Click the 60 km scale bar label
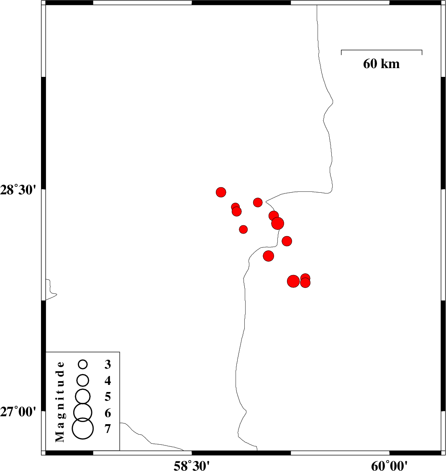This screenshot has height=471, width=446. [381, 64]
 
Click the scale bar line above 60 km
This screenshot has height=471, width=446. [381, 50]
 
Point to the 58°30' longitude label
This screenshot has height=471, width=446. [192, 465]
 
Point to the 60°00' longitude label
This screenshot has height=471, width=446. [390, 465]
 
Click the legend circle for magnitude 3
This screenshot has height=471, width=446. [83, 364]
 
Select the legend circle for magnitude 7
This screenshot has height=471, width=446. [83, 429]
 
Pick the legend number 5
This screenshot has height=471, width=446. [108, 396]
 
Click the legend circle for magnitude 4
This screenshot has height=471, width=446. [83, 380]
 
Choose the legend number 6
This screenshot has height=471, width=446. [108, 413]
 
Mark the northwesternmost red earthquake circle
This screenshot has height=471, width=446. [221, 192]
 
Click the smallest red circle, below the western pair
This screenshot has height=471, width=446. [244, 229]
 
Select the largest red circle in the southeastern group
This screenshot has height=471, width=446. [293, 281]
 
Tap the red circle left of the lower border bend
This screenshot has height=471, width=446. [269, 256]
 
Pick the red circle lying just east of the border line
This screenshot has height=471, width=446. [287, 241]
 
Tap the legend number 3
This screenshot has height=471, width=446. [108, 364]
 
